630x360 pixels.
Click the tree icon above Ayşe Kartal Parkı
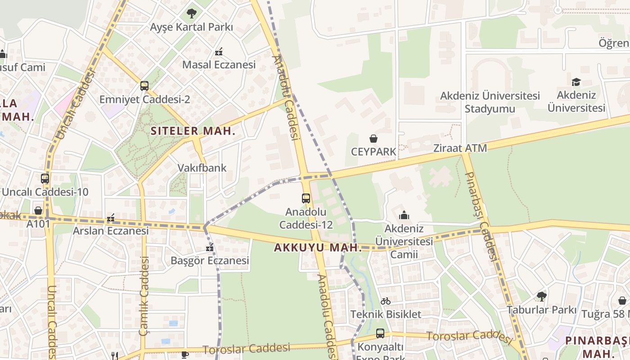(192, 13)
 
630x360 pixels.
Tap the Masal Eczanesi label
(219, 64)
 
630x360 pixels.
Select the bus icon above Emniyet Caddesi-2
(144, 86)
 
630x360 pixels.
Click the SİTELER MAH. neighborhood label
(193, 131)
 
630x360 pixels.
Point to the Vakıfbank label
(202, 168)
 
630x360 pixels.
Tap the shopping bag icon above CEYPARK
(373, 138)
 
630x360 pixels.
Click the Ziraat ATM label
(460, 148)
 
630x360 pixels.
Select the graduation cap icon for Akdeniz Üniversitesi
(576, 82)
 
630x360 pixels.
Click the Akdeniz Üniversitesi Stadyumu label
(490, 102)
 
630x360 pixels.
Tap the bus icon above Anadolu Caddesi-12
(306, 198)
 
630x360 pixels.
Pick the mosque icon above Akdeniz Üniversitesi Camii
(404, 215)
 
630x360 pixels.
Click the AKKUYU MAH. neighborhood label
(318, 247)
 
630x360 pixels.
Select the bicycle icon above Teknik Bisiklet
(386, 301)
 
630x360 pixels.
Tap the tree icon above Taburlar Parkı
(541, 297)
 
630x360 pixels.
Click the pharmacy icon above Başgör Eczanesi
(210, 247)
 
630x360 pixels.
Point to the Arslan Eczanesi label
(111, 231)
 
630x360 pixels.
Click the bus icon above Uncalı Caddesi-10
(45, 179)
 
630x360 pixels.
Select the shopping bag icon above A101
(38, 211)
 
